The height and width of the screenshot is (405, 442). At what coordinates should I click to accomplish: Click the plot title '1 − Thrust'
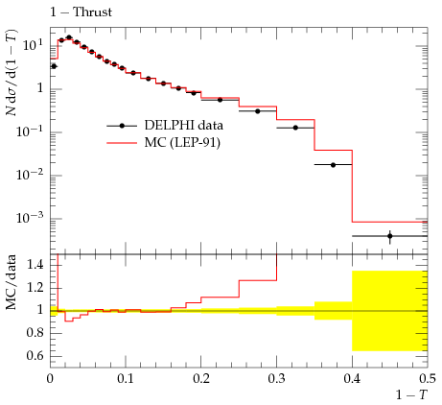tap(81, 12)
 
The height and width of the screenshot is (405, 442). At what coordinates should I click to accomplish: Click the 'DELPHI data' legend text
tap(184, 125)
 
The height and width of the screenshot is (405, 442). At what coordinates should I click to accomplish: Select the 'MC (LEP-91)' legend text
tap(182, 143)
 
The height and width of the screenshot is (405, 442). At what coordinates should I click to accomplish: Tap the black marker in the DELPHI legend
tap(122, 126)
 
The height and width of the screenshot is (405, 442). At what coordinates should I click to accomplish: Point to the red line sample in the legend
tap(122, 143)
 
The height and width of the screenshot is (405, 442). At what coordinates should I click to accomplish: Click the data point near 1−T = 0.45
tap(389, 236)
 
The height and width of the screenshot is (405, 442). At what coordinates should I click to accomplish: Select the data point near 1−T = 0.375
tap(333, 165)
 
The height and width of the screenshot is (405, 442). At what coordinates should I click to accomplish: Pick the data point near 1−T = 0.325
tap(295, 128)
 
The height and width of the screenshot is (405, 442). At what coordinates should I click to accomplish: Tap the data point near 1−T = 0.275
tap(258, 111)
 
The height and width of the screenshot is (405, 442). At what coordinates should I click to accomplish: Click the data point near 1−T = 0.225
tap(220, 100)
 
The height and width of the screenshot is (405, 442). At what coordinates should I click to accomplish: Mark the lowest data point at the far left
tap(54, 66)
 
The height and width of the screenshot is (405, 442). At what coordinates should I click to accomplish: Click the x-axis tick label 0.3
tap(276, 379)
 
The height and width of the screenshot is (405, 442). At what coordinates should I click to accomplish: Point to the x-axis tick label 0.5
tap(428, 379)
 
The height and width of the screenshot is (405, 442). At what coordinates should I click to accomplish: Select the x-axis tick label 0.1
tap(126, 379)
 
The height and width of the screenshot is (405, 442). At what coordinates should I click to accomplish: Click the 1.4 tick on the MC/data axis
tap(35, 265)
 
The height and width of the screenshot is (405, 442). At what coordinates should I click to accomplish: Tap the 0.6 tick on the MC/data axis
tap(35, 355)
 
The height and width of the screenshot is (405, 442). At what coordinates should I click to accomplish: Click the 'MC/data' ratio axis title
tap(11, 282)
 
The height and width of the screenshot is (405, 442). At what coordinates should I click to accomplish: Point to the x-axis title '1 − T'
tap(411, 395)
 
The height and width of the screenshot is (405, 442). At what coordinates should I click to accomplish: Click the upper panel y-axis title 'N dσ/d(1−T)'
tap(12, 73)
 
